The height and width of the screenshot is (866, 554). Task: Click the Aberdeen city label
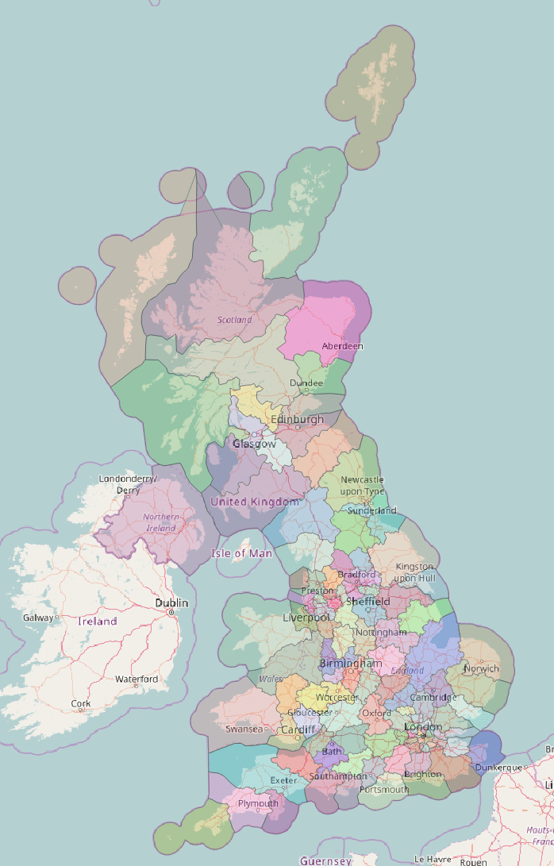click(x=342, y=346)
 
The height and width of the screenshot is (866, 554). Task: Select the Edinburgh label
click(x=297, y=419)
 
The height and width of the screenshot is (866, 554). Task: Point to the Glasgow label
click(x=254, y=444)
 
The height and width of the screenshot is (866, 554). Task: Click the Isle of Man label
click(x=241, y=552)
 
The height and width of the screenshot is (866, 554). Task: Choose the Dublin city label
click(x=171, y=603)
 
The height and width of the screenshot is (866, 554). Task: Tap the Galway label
click(x=38, y=618)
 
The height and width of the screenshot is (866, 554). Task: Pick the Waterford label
click(x=136, y=679)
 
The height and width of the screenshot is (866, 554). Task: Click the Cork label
click(x=80, y=703)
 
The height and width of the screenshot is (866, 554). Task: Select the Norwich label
click(x=482, y=668)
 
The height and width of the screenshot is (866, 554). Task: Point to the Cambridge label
click(x=433, y=698)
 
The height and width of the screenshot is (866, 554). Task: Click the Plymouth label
click(x=258, y=803)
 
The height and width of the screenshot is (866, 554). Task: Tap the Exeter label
click(x=283, y=781)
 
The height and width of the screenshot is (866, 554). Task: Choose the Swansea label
click(x=244, y=729)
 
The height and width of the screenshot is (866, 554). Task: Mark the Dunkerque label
click(x=498, y=768)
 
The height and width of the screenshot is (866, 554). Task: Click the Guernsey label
click(x=325, y=860)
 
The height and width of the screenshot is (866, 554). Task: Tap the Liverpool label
click(x=306, y=617)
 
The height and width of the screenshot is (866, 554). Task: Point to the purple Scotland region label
click(x=234, y=320)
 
